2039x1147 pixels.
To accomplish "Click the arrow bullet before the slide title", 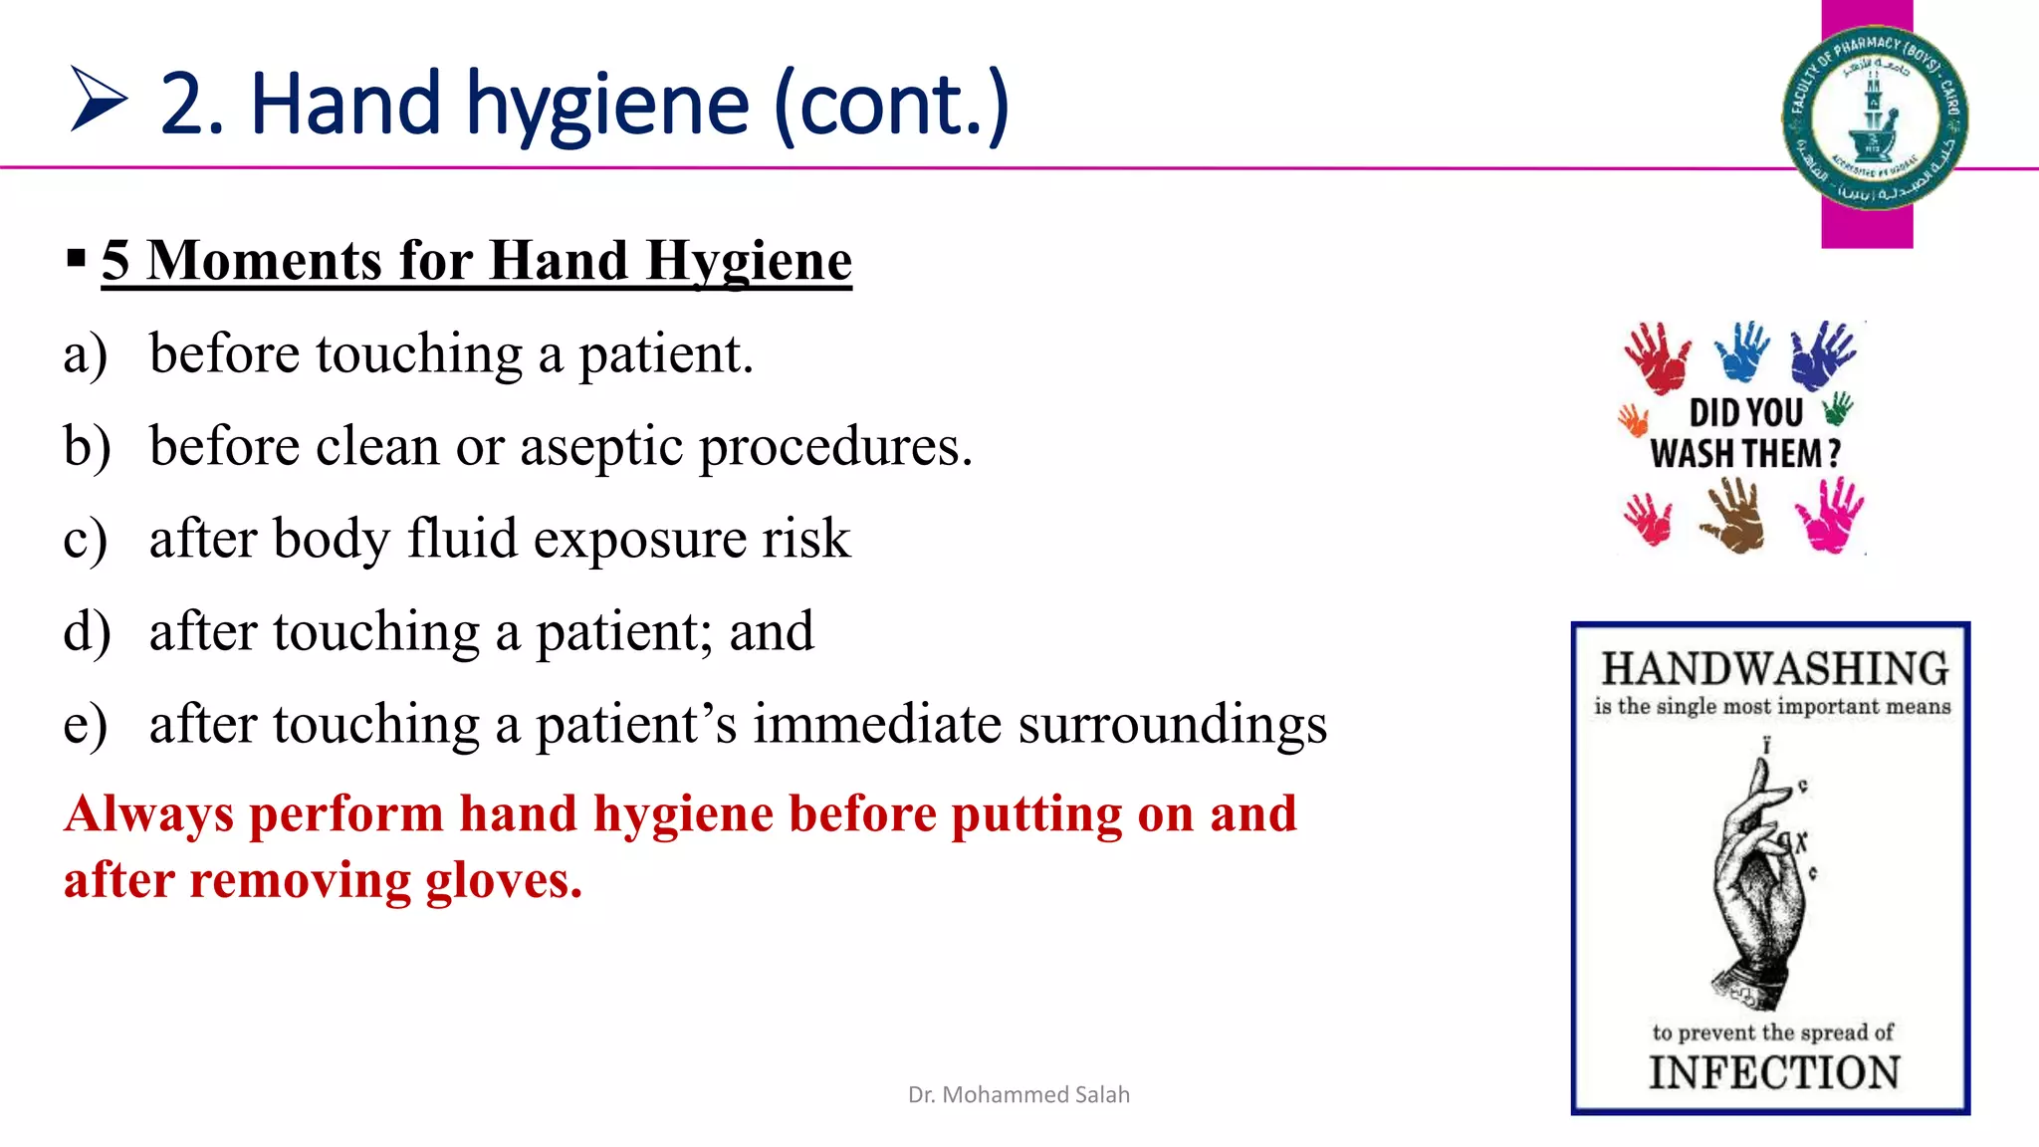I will (x=99, y=100).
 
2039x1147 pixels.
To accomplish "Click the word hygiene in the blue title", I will (x=607, y=108).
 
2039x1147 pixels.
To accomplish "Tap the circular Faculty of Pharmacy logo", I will (x=1874, y=117).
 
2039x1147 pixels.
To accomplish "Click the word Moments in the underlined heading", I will (x=266, y=261).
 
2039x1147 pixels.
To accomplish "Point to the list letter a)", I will (x=85, y=354).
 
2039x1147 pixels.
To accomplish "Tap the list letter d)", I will (x=86, y=632).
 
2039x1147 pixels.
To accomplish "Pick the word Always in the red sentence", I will (x=149, y=814).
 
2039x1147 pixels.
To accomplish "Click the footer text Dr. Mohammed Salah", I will (x=1019, y=1094).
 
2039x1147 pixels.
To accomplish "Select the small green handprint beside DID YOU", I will (x=1837, y=407).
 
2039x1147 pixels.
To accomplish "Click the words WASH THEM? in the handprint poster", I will (x=1745, y=454).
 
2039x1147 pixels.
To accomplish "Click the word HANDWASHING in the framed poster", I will (x=1774, y=669).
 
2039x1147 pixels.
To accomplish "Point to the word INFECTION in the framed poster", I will (x=1774, y=1073).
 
